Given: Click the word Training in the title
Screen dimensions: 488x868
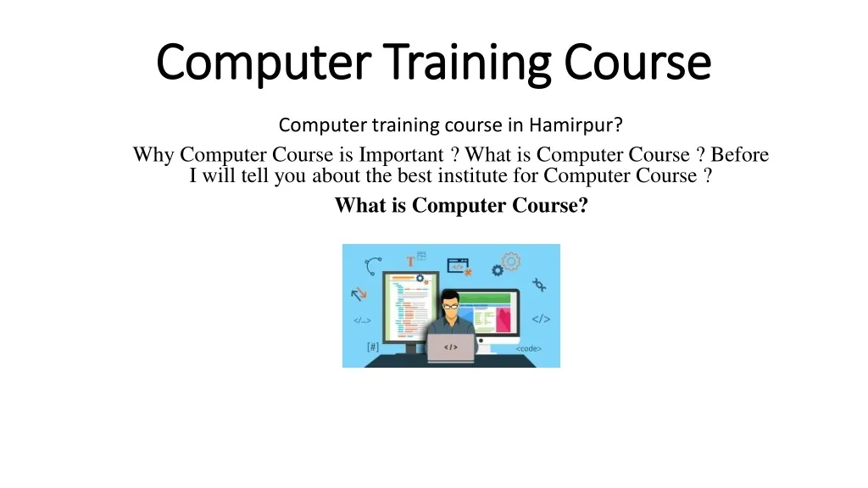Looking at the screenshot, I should (460, 63).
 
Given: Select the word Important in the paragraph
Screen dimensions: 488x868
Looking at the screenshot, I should (403, 155).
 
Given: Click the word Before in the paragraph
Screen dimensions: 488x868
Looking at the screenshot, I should (740, 155).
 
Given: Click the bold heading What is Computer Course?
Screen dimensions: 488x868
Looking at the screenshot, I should (461, 205).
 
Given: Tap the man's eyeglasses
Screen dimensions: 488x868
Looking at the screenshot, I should (451, 302).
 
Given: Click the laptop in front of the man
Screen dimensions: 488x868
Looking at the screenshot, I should (451, 347).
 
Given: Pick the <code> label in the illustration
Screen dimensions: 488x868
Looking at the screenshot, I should (529, 348).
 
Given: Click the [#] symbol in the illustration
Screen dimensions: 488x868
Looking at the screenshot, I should (373, 347).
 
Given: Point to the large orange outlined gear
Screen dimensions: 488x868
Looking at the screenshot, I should (511, 262).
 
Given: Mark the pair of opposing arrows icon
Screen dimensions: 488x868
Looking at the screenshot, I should (359, 294).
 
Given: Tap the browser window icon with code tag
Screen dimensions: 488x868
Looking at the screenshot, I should (458, 264).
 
